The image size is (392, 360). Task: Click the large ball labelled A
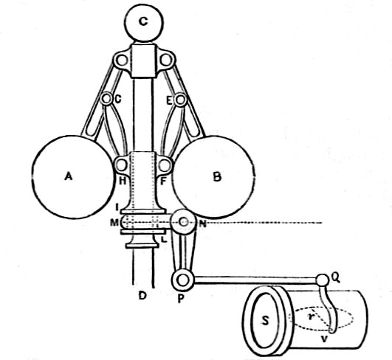pyautogui.click(x=72, y=177)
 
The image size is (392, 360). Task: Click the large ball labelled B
pyautogui.click(x=213, y=177)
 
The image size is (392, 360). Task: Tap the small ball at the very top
pyautogui.click(x=143, y=23)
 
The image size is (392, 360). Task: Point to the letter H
pyautogui.click(x=123, y=181)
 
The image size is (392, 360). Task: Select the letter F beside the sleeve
pyautogui.click(x=162, y=181)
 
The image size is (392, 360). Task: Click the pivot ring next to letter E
pyautogui.click(x=180, y=100)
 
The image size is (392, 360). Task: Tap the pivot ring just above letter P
pyautogui.click(x=183, y=280)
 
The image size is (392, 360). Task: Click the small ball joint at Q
pyautogui.click(x=323, y=280)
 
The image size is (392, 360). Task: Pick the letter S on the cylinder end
pyautogui.click(x=265, y=320)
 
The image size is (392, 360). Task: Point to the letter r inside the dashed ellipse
pyautogui.click(x=310, y=316)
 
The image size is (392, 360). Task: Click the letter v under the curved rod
pyautogui.click(x=324, y=339)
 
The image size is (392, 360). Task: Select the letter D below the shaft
pyautogui.click(x=142, y=296)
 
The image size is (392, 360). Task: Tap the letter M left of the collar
pyautogui.click(x=114, y=222)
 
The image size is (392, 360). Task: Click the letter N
pyautogui.click(x=202, y=224)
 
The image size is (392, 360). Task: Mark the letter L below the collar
pyautogui.click(x=164, y=239)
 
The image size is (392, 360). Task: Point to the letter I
pyautogui.click(x=117, y=207)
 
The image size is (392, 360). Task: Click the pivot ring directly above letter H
pyautogui.click(x=122, y=165)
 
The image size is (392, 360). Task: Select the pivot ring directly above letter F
pyautogui.click(x=165, y=165)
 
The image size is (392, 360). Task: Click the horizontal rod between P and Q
pyautogui.click(x=255, y=280)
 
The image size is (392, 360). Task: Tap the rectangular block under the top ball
pyautogui.click(x=143, y=60)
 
